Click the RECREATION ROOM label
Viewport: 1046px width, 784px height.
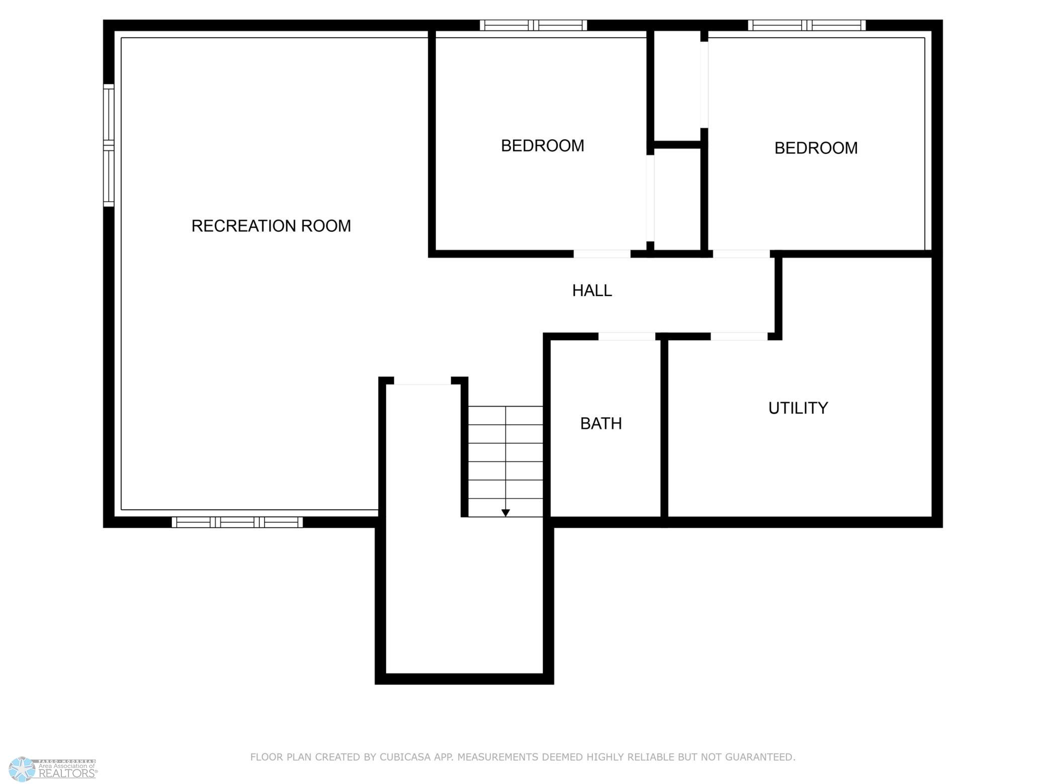pyautogui.click(x=271, y=226)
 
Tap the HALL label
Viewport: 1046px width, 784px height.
pyautogui.click(x=592, y=290)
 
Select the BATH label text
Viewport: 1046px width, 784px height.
pyautogui.click(x=601, y=424)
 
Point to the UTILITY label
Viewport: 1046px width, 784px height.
pyautogui.click(x=798, y=408)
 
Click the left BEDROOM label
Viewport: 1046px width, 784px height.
pyautogui.click(x=543, y=146)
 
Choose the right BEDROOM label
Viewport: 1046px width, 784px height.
pyautogui.click(x=816, y=148)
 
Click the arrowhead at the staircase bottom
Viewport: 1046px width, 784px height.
pyautogui.click(x=505, y=513)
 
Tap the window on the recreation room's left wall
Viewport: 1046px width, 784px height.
pyautogui.click(x=109, y=145)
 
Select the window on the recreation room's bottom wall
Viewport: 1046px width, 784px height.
pyautogui.click(x=237, y=522)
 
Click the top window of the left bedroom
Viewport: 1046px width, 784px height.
pyautogui.click(x=533, y=25)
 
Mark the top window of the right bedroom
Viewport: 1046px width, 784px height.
pyautogui.click(x=807, y=25)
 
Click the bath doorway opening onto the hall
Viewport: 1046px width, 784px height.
pyautogui.click(x=627, y=336)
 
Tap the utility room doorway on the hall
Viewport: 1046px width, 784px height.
pyautogui.click(x=739, y=336)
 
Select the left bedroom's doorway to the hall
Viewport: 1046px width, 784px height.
pyautogui.click(x=602, y=254)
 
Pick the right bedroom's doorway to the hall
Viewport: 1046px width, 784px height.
pyautogui.click(x=741, y=254)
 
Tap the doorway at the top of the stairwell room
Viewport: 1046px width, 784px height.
pyautogui.click(x=422, y=380)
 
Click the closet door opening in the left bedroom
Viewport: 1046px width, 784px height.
pyautogui.click(x=650, y=198)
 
